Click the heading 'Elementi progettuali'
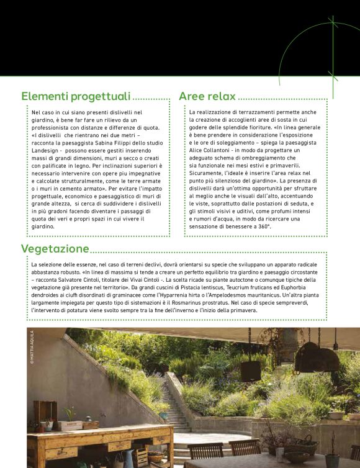[76, 96]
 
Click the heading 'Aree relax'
[207, 96]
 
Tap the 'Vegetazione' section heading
[55, 249]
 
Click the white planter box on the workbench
[71, 425]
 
